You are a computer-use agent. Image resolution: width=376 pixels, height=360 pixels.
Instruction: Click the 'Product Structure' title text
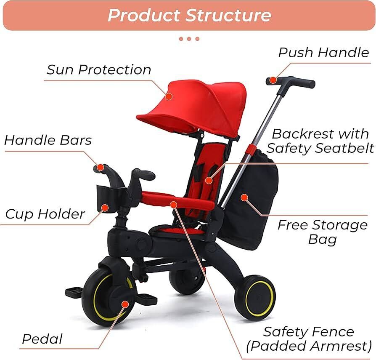[x=189, y=15]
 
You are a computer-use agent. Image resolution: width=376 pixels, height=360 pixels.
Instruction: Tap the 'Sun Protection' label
[x=99, y=69]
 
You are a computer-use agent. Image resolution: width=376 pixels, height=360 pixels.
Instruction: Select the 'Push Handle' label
[x=323, y=52]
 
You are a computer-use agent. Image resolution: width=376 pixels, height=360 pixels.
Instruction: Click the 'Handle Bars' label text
[x=48, y=140]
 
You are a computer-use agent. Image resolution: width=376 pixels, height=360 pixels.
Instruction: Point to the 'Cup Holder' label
[x=45, y=214]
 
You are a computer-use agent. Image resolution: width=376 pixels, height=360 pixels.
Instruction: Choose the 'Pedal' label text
[x=42, y=339]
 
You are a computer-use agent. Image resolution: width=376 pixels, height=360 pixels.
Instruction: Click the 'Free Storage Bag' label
[x=323, y=232]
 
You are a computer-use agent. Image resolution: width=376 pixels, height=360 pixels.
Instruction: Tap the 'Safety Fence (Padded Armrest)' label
[x=309, y=339]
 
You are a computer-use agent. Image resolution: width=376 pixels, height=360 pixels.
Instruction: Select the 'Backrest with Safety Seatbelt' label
[x=320, y=141]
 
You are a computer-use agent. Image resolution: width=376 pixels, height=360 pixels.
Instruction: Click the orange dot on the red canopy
[x=169, y=96]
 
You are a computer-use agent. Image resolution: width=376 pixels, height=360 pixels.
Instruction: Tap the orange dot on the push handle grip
[x=273, y=80]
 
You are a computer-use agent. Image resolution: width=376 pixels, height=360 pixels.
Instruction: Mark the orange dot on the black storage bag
[x=244, y=197]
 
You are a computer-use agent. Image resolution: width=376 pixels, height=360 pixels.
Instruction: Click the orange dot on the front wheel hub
[x=124, y=304]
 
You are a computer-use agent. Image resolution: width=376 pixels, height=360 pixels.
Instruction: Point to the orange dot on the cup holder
[x=105, y=208]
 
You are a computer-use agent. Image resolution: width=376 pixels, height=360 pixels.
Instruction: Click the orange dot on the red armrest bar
[x=173, y=204]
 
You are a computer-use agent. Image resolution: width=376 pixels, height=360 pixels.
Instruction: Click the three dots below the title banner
[x=189, y=39]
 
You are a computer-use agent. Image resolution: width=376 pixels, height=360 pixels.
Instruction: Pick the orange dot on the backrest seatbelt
[x=209, y=180]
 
